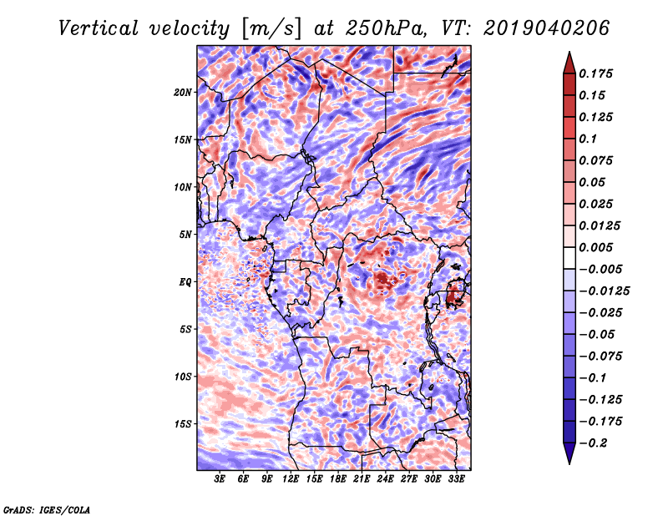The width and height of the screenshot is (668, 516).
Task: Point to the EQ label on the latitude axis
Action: [x=185, y=282]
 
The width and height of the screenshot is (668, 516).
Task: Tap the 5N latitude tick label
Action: [x=185, y=235]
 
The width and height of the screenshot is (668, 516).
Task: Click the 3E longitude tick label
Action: [x=220, y=480]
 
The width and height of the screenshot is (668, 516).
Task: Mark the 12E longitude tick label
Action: [x=291, y=480]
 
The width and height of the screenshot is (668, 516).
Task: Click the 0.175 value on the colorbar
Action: [x=598, y=73]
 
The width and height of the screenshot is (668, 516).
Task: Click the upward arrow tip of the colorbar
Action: [x=569, y=54]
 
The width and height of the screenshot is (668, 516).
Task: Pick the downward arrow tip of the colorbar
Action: [x=569, y=462]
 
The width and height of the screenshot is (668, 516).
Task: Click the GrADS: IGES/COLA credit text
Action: [x=47, y=508]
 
